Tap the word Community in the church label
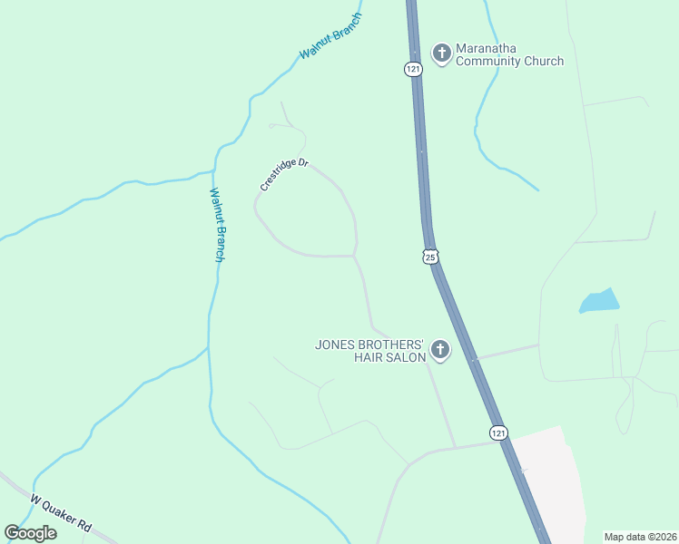pos(490,62)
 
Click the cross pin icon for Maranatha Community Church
pos(441,53)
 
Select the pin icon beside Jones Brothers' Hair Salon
pos(440,350)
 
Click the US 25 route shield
pos(430,257)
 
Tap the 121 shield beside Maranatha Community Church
pos(414,69)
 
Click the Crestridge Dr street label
pos(285,173)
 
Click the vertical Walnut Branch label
pos(217,225)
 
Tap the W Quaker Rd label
pos(61,513)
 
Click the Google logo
pos(30,533)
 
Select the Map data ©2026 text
pos(640,537)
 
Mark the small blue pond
pos(599,300)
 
